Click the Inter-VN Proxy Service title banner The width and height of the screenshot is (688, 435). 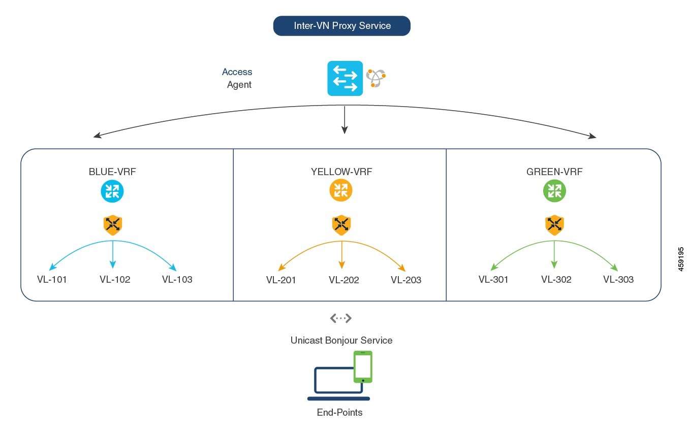tap(341, 26)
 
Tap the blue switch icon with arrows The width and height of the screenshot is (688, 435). tap(345, 78)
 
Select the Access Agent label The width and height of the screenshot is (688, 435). tap(237, 78)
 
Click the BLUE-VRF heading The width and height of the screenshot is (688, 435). tap(112, 172)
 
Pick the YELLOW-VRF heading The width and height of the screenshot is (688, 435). tap(341, 172)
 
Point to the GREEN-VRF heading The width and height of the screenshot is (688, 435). tap(554, 172)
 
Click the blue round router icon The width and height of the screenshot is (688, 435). tap(112, 191)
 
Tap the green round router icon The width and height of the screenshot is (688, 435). tap(554, 191)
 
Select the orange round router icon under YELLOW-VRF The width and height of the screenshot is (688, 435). tap(340, 190)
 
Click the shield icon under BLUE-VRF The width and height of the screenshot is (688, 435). tap(113, 225)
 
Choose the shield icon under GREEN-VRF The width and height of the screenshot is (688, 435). tap(554, 225)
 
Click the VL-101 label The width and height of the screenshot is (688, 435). tap(52, 279)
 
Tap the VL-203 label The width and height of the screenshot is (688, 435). tap(405, 280)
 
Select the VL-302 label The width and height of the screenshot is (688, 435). tap(556, 279)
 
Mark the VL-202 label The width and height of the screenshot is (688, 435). tap(343, 280)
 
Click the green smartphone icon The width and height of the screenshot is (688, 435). tap(363, 366)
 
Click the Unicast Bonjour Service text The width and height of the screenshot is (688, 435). tap(341, 340)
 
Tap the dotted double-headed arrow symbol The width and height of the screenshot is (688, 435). tap(340, 318)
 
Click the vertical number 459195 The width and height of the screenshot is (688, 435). tap(680, 259)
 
